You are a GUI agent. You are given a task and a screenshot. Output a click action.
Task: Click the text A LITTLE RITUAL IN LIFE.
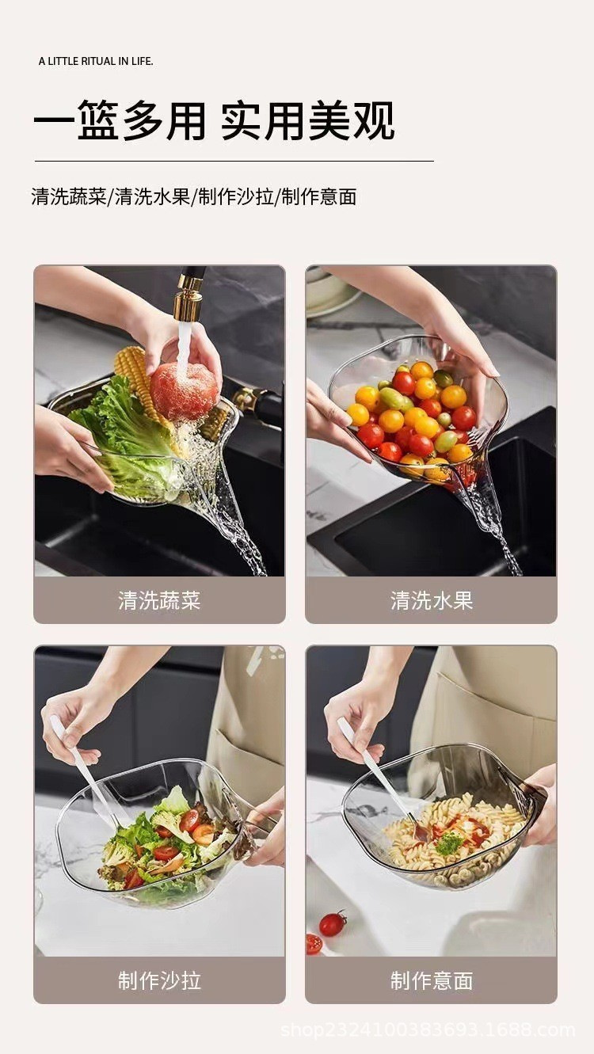pos(96,61)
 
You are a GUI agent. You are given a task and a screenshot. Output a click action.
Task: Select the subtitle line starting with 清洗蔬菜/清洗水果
pos(194,197)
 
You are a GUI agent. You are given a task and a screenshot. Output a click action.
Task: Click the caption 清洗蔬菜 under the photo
pos(159,600)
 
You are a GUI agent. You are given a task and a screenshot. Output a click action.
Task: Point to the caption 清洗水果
pos(431,600)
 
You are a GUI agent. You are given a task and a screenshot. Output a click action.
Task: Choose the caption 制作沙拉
pos(159,980)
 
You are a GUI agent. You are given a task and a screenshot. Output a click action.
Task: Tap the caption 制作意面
pos(431,980)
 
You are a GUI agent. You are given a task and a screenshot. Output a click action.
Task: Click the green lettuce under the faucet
pos(119,428)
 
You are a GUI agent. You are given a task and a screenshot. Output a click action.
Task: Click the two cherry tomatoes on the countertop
pos(326,930)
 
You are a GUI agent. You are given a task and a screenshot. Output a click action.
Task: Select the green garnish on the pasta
pos(448,843)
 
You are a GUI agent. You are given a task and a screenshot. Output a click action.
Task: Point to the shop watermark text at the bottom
pos(428,1030)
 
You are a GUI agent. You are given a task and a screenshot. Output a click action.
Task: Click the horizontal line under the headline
pos(234,161)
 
